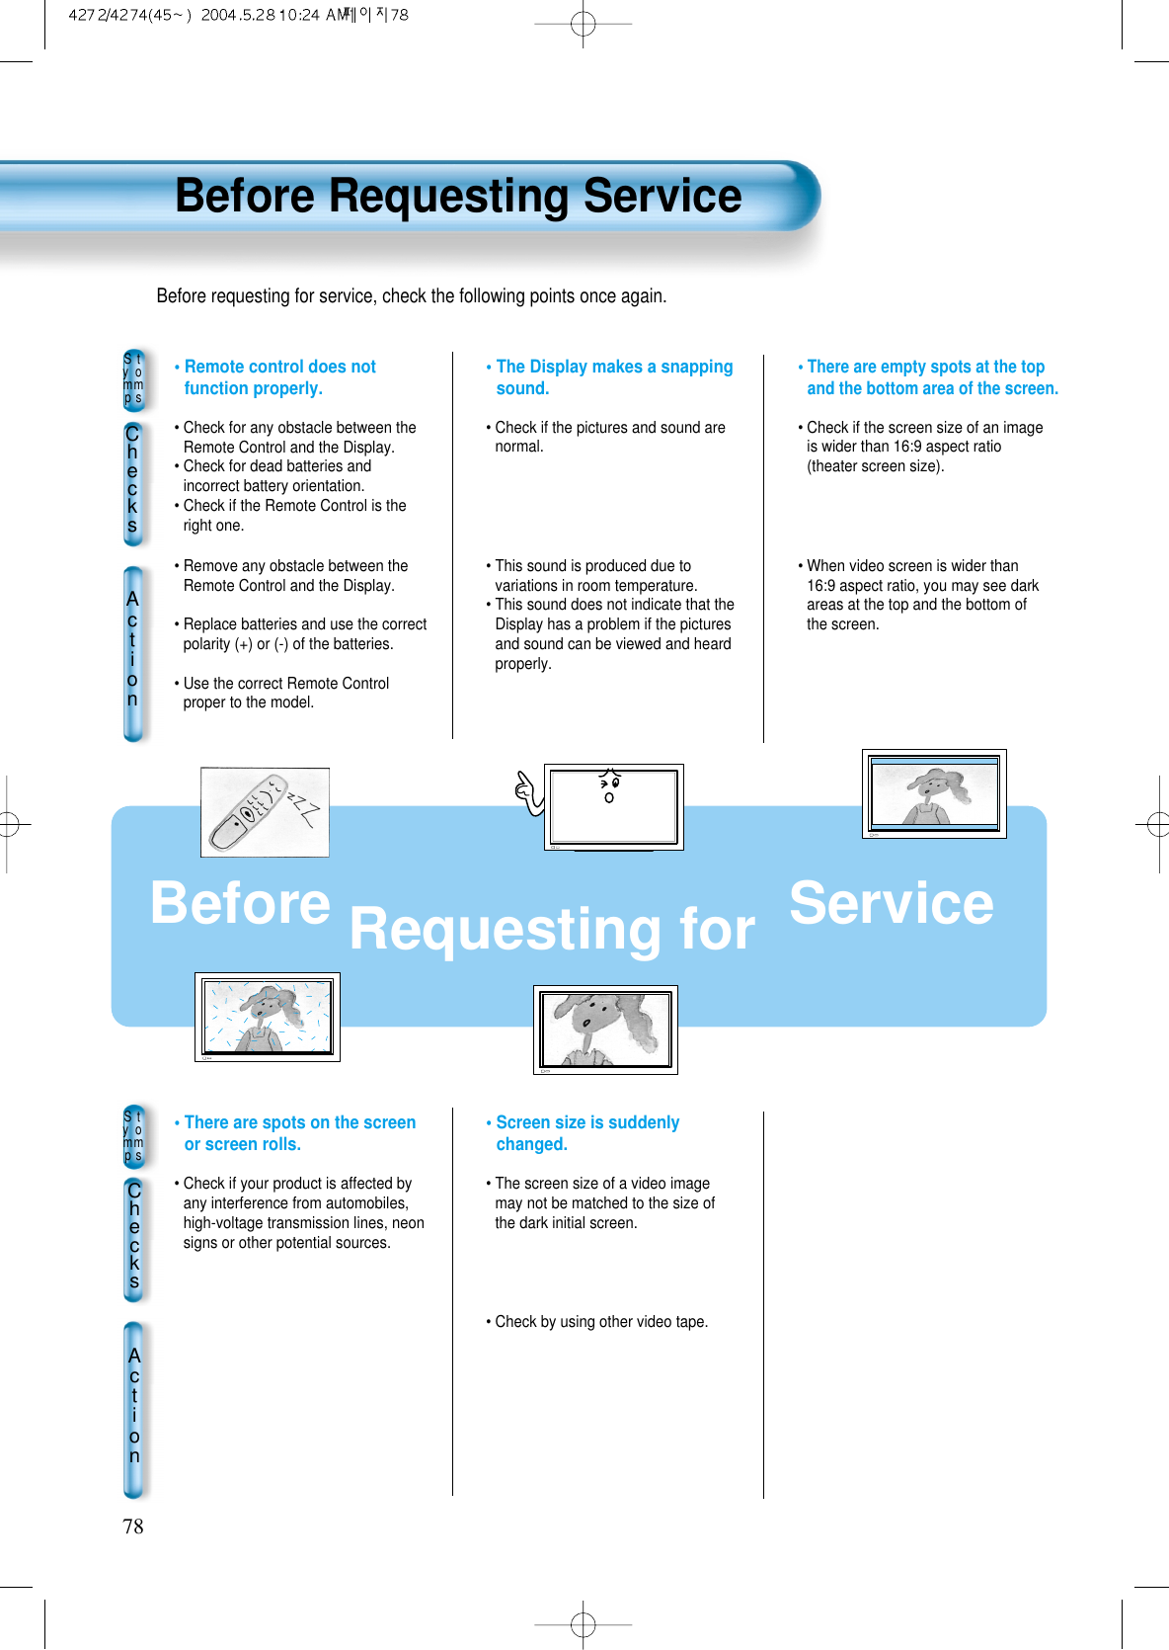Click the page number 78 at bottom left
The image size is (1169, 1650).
[132, 1526]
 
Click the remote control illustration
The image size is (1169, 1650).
[264, 811]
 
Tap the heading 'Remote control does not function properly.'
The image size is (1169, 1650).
[279, 377]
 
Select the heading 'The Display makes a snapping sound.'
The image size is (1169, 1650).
[613, 377]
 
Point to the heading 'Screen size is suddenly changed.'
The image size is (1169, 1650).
[586, 1133]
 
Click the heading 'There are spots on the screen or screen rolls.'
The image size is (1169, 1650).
[299, 1133]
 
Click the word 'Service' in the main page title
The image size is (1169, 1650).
[662, 196]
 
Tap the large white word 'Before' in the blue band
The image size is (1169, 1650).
[240, 903]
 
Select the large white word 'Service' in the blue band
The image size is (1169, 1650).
[891, 903]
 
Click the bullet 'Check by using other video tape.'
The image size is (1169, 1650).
[600, 1322]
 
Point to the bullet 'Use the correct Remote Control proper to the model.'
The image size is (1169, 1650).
[285, 693]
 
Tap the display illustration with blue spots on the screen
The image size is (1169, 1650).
[267, 1017]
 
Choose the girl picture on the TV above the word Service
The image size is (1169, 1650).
[934, 793]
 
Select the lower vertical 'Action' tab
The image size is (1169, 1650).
[134, 1407]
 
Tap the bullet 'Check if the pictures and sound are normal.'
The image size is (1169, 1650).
[609, 437]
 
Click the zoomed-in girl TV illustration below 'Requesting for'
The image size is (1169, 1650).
[605, 1030]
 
